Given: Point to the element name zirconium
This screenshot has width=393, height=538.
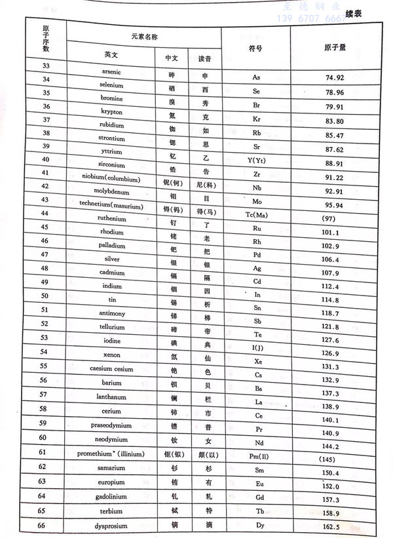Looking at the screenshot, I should [113, 165].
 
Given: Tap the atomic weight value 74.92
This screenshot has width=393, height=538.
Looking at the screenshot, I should [335, 77].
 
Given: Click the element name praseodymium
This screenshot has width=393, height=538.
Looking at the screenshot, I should [109, 425].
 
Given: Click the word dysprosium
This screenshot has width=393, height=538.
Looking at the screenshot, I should [109, 526].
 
